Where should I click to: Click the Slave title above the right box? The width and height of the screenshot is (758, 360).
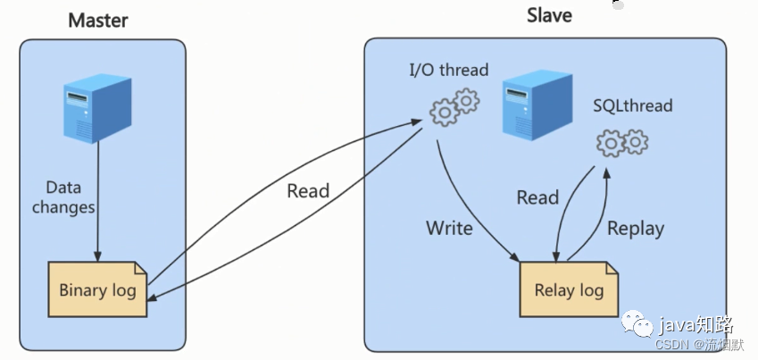[x=549, y=15]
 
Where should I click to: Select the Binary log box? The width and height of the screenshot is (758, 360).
[x=97, y=289]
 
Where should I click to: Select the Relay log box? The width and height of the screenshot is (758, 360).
[x=569, y=289]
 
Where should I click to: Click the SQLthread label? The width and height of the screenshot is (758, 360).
[x=632, y=106]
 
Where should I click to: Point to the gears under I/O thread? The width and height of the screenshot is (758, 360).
[x=454, y=106]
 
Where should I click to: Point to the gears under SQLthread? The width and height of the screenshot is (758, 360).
[x=621, y=141]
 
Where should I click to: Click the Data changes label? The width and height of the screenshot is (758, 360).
[x=63, y=197]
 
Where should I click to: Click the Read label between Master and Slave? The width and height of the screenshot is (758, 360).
[x=308, y=190]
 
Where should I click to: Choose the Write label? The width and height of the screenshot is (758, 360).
[x=449, y=228]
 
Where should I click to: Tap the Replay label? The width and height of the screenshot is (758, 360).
[x=636, y=228]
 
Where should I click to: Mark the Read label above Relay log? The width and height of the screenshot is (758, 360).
[x=537, y=197]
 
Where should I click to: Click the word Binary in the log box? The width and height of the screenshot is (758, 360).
[x=82, y=289]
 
